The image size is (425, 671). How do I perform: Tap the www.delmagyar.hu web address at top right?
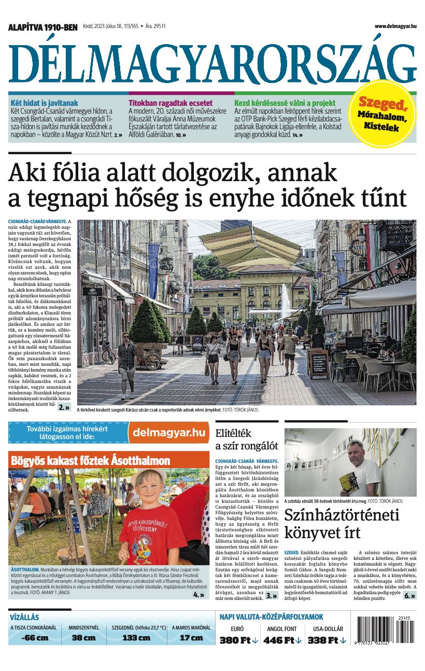point(395,26)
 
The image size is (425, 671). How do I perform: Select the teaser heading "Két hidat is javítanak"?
point(44,103)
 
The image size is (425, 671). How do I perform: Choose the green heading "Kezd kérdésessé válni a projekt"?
point(285,103)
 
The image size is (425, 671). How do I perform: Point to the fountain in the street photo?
point(286,301)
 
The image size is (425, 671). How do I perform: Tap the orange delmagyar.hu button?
point(169,433)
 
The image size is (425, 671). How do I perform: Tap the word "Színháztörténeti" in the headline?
point(342,515)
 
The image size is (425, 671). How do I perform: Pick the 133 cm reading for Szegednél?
point(136,638)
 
